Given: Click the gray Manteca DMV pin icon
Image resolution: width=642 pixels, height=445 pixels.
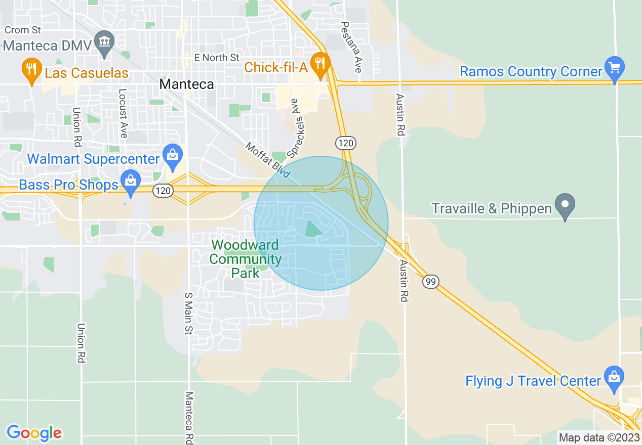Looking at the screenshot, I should [x=105, y=42].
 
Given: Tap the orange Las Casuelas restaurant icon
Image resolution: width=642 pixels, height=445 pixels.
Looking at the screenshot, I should [x=31, y=70].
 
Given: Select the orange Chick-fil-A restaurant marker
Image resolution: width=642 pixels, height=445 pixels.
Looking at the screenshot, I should [x=320, y=63].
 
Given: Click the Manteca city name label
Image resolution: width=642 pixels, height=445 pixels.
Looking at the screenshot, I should [x=186, y=84].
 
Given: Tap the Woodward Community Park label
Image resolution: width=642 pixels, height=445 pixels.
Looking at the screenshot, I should [x=245, y=259].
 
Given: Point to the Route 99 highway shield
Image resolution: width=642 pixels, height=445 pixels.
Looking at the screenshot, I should [x=430, y=282].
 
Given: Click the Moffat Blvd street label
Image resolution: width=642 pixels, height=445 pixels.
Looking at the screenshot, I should [x=267, y=160].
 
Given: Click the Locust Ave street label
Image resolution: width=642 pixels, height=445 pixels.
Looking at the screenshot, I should [x=123, y=113].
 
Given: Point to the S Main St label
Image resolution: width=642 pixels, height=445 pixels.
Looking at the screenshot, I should [x=188, y=313].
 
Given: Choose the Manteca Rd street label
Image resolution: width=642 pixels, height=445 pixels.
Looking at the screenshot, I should [x=189, y=417].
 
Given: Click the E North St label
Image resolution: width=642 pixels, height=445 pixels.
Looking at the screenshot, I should [x=216, y=58].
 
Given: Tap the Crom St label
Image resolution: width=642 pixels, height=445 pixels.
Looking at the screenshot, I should [x=22, y=30].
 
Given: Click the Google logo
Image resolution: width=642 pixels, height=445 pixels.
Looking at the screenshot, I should [x=34, y=433].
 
